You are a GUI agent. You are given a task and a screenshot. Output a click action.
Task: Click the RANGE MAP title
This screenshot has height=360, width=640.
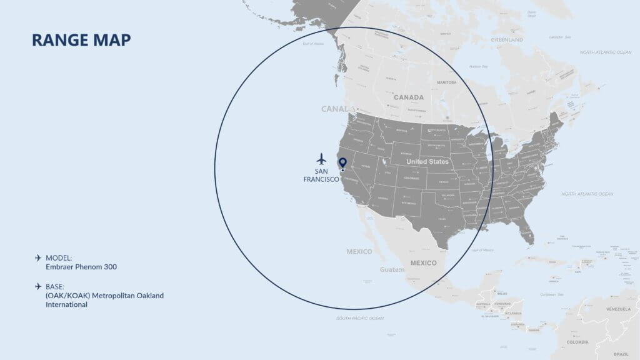click(x=81, y=40)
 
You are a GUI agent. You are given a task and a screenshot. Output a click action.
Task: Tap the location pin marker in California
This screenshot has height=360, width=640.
click(x=342, y=164)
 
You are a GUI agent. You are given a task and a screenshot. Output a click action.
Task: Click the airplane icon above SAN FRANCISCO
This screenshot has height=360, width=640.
click(x=321, y=158)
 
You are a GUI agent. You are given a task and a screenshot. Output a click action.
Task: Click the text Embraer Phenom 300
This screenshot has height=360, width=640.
click(x=81, y=267)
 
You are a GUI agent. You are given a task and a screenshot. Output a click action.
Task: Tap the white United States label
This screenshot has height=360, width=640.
click(x=427, y=162)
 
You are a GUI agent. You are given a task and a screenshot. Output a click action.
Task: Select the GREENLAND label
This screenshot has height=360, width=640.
click(x=507, y=39)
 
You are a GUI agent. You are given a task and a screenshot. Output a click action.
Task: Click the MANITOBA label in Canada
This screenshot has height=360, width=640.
click(x=446, y=82)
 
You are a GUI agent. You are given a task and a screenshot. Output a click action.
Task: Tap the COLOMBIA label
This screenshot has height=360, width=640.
click(x=577, y=342)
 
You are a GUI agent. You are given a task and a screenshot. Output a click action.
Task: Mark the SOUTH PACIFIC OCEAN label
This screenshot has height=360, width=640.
click(x=359, y=318)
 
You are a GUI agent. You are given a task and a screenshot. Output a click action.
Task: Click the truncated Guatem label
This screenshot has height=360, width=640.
click(x=392, y=269)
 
